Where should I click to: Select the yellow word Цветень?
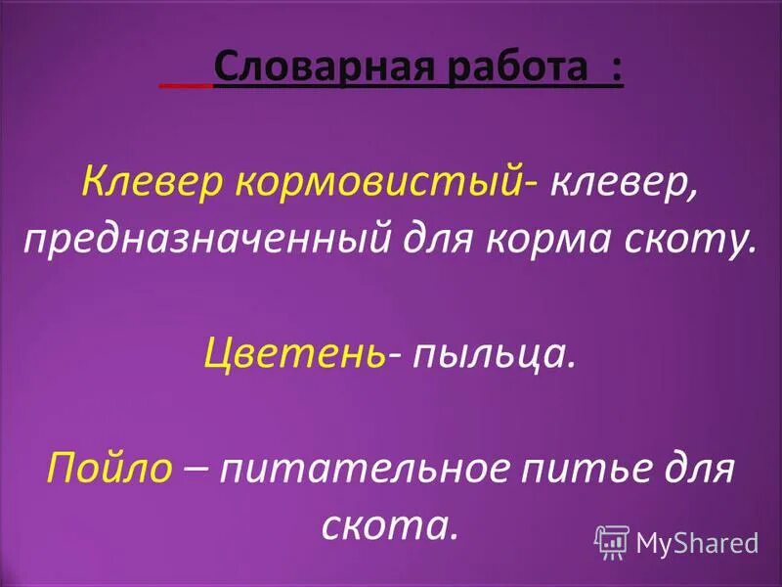click(x=293, y=353)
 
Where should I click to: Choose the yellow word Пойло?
click(x=109, y=469)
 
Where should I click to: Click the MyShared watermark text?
click(x=697, y=542)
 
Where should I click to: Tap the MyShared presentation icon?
click(x=611, y=541)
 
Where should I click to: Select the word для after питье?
click(x=700, y=469)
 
